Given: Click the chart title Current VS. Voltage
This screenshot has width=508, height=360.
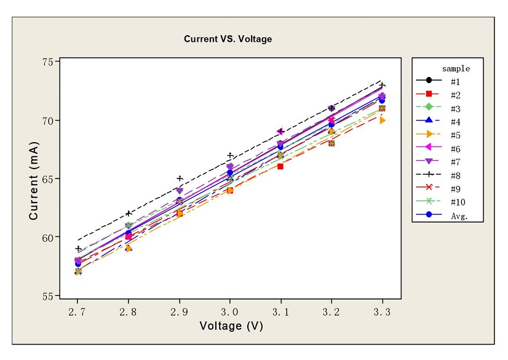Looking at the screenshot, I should tap(228, 39).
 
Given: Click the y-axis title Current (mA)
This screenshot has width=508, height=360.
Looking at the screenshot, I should tap(34, 180).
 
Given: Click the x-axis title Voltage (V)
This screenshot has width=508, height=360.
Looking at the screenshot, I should tap(231, 326).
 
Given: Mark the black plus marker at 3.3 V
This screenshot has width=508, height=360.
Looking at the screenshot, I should tap(383, 86).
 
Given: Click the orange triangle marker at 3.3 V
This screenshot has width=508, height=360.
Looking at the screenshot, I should tap(383, 120).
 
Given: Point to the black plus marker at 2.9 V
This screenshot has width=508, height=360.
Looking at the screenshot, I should tap(180, 178).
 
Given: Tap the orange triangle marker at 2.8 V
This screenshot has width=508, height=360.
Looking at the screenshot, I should tap(129, 248).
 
